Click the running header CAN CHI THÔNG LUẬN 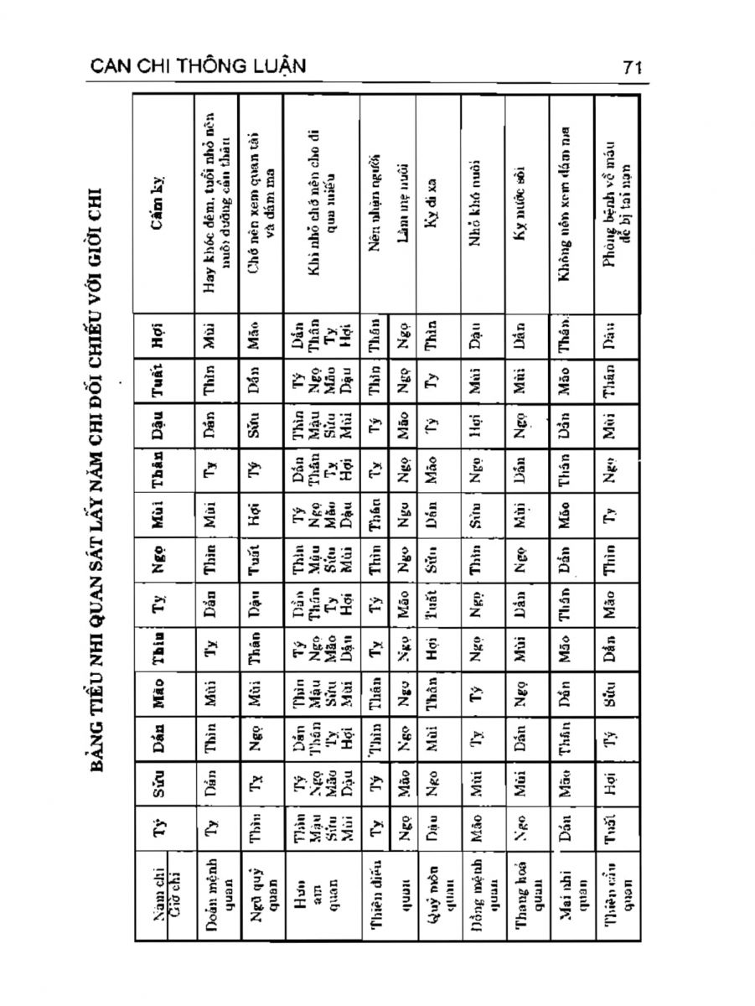coord(197,66)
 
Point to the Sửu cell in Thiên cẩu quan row coord(615,785)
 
